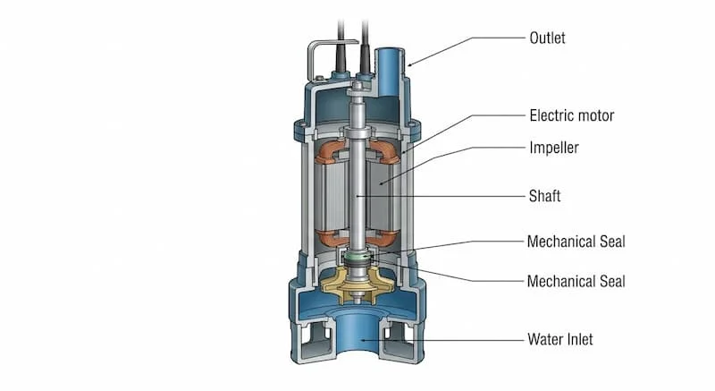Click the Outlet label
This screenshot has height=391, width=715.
point(547,38)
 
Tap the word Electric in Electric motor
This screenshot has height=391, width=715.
point(550,115)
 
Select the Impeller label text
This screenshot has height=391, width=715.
point(554,148)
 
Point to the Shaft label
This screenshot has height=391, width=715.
point(544,196)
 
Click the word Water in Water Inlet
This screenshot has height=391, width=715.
point(545,339)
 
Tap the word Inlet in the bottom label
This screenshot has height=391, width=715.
point(579,339)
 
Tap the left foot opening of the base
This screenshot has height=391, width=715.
point(315,340)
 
